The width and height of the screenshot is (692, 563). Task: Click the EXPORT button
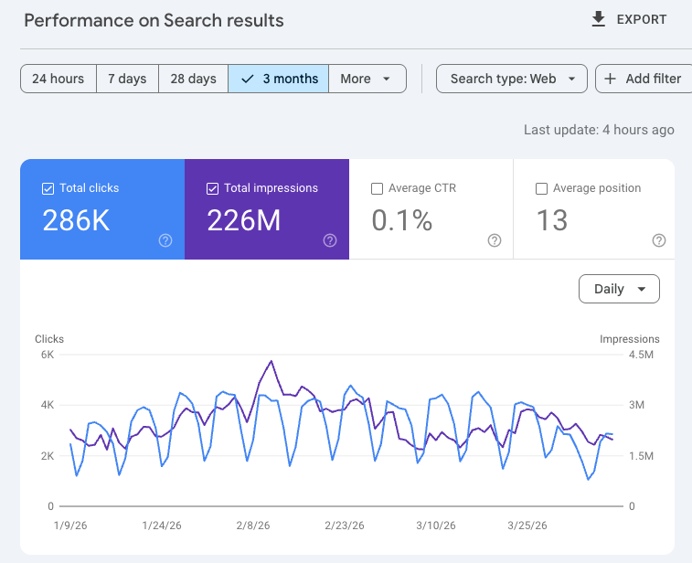(629, 19)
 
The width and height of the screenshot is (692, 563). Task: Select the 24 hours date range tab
(58, 79)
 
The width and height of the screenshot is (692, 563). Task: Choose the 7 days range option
(127, 79)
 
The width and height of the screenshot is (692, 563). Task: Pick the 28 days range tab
(193, 79)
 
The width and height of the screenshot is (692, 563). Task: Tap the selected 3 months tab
(279, 79)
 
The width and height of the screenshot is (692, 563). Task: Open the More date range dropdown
(366, 79)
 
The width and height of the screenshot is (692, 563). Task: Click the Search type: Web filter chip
(512, 79)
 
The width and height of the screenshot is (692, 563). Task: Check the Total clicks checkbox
(48, 188)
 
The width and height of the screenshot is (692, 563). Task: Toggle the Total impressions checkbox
(213, 188)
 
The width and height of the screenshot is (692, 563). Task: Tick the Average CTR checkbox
(378, 188)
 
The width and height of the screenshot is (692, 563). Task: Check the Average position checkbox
(541, 188)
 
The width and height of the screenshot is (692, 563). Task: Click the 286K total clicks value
(76, 220)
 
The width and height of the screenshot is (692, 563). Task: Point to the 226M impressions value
(244, 220)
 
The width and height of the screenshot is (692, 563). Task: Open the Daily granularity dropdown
(619, 289)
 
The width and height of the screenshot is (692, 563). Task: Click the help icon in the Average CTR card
(495, 240)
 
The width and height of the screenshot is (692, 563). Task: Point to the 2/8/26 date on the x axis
(252, 526)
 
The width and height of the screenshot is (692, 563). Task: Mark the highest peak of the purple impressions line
(271, 361)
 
